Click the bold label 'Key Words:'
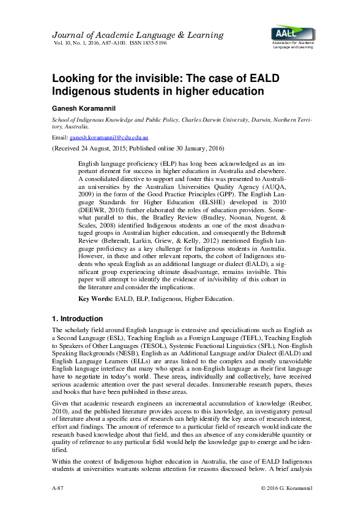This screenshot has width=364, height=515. click(96, 298)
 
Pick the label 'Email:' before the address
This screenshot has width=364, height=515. click(60, 139)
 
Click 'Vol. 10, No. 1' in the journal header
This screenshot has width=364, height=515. click(70, 43)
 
